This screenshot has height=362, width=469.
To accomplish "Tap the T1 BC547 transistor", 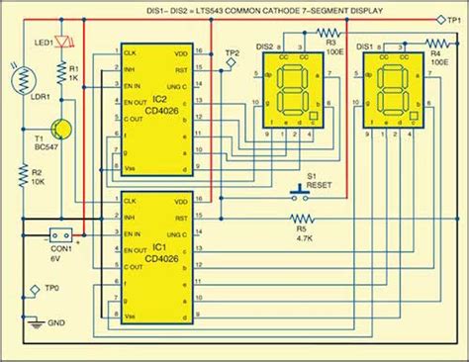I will [x=61, y=128].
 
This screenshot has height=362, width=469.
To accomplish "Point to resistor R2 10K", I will [x=25, y=179].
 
